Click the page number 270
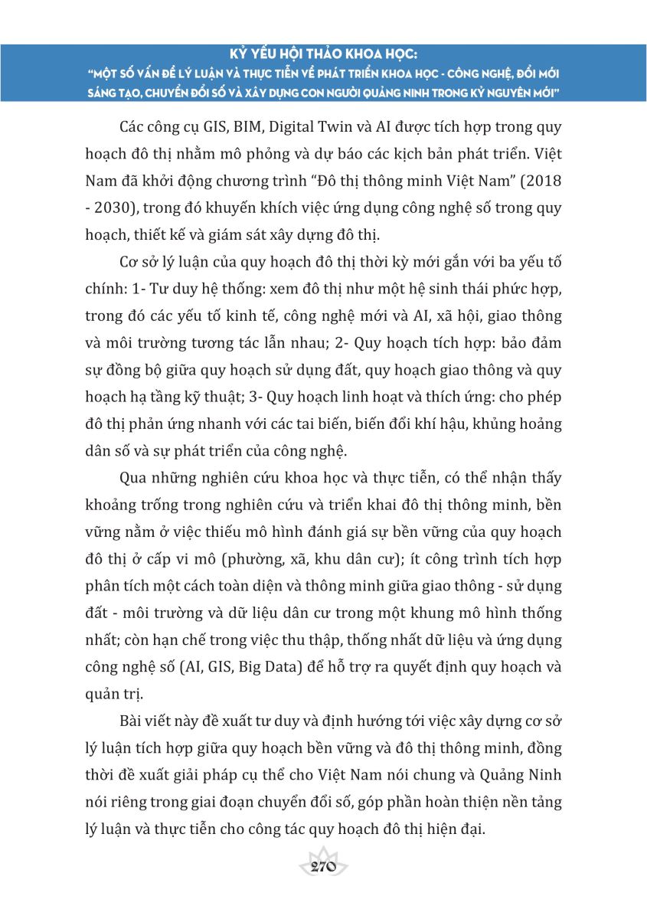point(323,867)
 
